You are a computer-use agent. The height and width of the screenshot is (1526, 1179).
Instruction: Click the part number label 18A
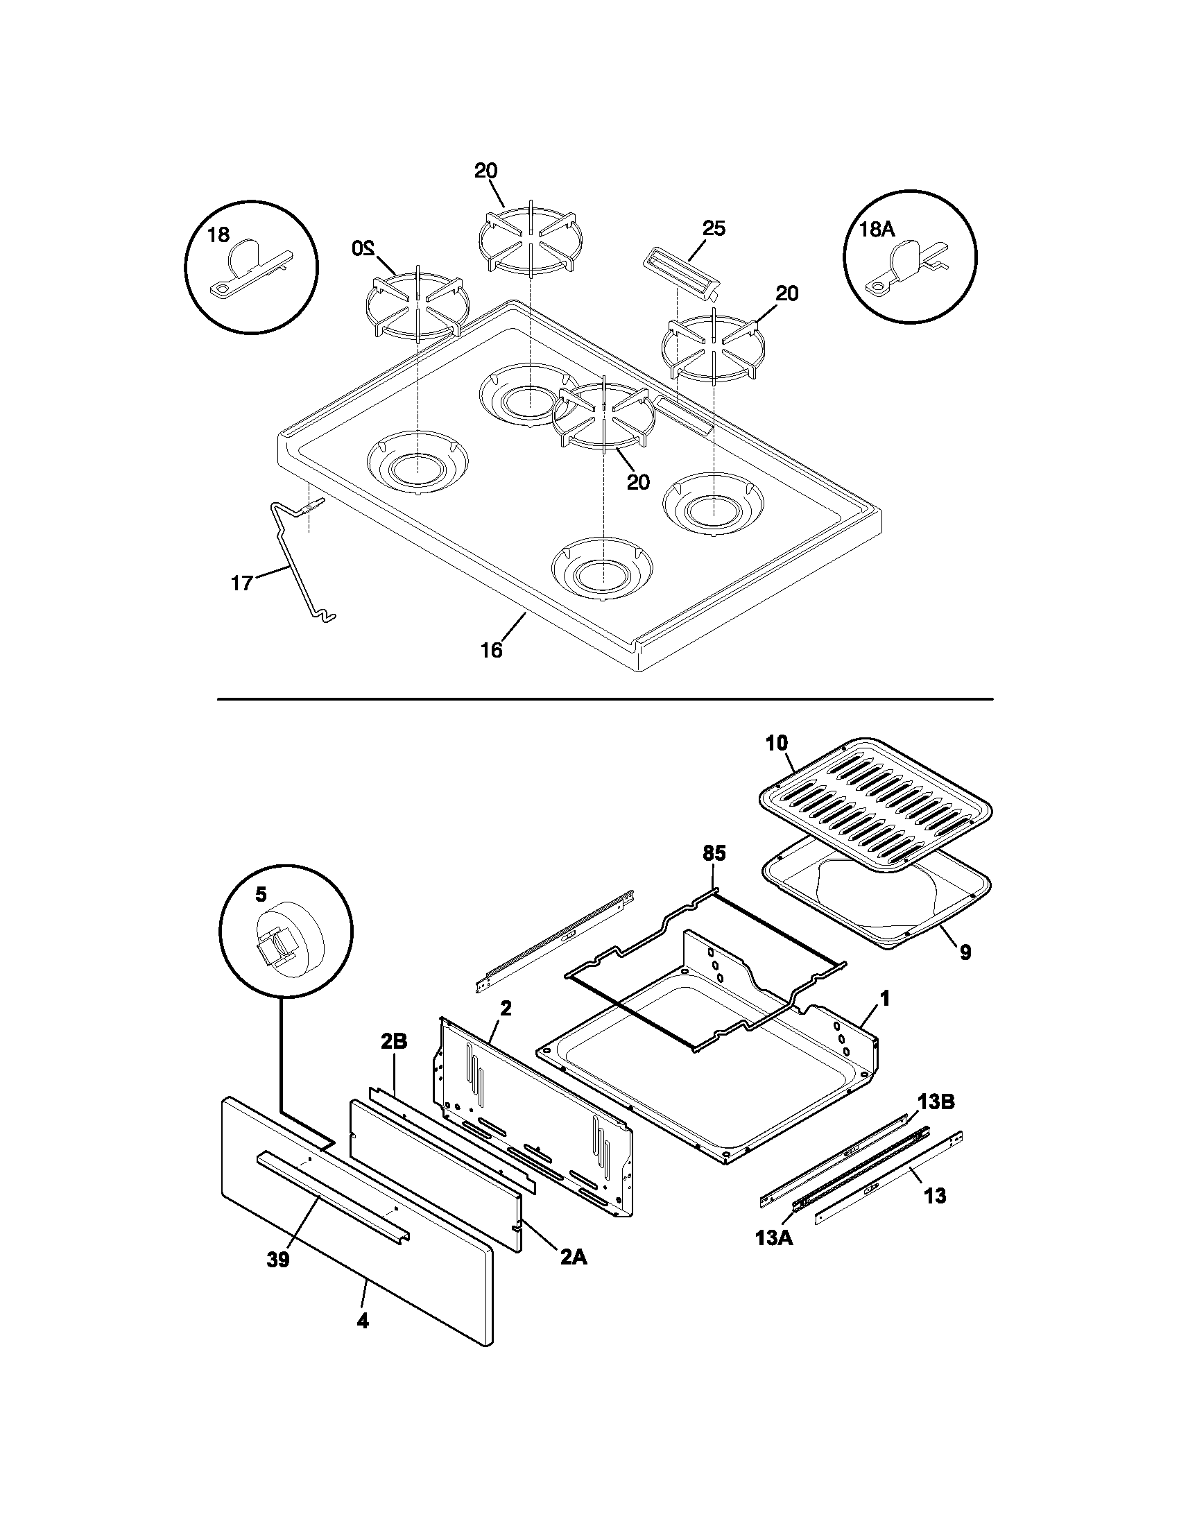877,230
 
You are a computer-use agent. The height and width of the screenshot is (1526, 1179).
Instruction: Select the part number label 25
714,228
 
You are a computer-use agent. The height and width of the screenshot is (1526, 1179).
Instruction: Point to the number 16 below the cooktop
491,651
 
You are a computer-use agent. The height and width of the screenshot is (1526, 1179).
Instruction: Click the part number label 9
965,952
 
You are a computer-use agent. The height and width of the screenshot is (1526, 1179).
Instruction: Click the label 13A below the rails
774,1238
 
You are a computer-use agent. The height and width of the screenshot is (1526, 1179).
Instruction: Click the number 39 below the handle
277,1260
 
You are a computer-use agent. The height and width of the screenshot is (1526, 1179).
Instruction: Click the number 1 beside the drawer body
885,1000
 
